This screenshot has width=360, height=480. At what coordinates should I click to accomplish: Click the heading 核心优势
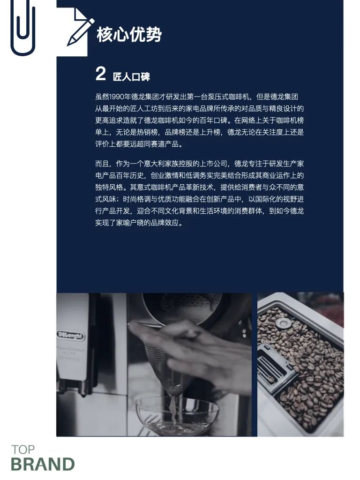coord(129,34)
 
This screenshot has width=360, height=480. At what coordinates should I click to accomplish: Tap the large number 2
coord(100,74)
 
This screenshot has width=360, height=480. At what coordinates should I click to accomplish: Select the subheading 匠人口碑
coord(131,77)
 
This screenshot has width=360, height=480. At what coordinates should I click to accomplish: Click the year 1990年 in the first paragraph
coord(120,97)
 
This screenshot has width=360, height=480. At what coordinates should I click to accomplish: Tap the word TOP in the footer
coord(23,450)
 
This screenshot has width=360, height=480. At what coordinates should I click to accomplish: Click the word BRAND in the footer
coord(43,464)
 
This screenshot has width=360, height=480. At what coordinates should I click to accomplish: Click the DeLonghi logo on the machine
coord(71,335)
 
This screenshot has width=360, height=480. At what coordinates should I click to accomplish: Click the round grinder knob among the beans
coord(283,322)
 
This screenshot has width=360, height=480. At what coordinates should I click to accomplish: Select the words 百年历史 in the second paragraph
coord(130,175)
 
